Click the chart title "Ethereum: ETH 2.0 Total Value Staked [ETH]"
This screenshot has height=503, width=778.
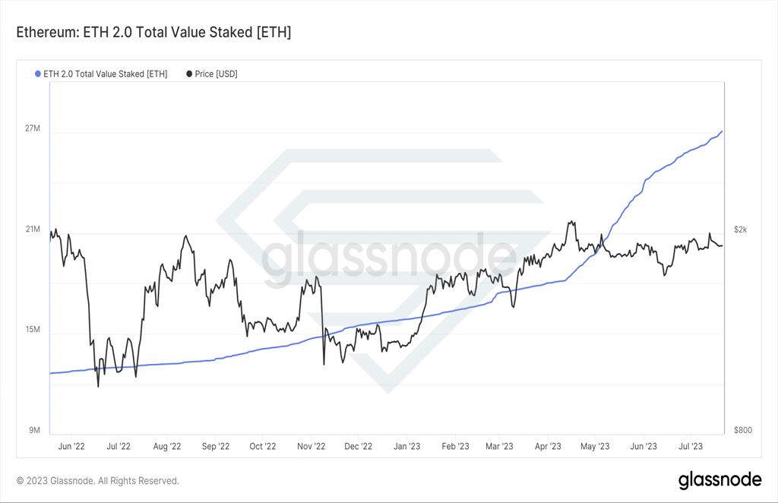pos(153,32)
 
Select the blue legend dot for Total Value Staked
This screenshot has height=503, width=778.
pos(38,74)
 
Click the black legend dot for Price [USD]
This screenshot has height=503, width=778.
pos(189,74)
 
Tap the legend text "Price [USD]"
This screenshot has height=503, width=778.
pos(217,74)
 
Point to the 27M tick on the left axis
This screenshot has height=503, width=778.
pos(33,128)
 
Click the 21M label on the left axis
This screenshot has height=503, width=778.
pos(33,229)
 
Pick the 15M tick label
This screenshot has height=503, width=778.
pos(33,330)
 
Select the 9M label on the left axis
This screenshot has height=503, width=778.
pos(34,430)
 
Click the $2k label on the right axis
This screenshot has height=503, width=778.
pos(740,229)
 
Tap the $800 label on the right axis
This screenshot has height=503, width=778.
pos(743,430)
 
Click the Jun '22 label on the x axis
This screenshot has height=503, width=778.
pos(71,447)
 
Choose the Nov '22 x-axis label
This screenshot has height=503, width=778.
pos(311,447)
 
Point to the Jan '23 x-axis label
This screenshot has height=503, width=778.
pos(407,447)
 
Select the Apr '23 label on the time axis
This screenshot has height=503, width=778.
pos(548,447)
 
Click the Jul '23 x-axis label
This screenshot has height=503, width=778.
pos(691,447)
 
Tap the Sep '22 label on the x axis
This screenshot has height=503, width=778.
pos(216,447)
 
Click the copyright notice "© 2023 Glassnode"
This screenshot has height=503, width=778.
pos(55,481)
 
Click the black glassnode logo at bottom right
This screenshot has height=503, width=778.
pos(720,480)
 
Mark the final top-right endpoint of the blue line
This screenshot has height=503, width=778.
pos(722,131)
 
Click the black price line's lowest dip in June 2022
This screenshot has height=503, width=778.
pos(98,387)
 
